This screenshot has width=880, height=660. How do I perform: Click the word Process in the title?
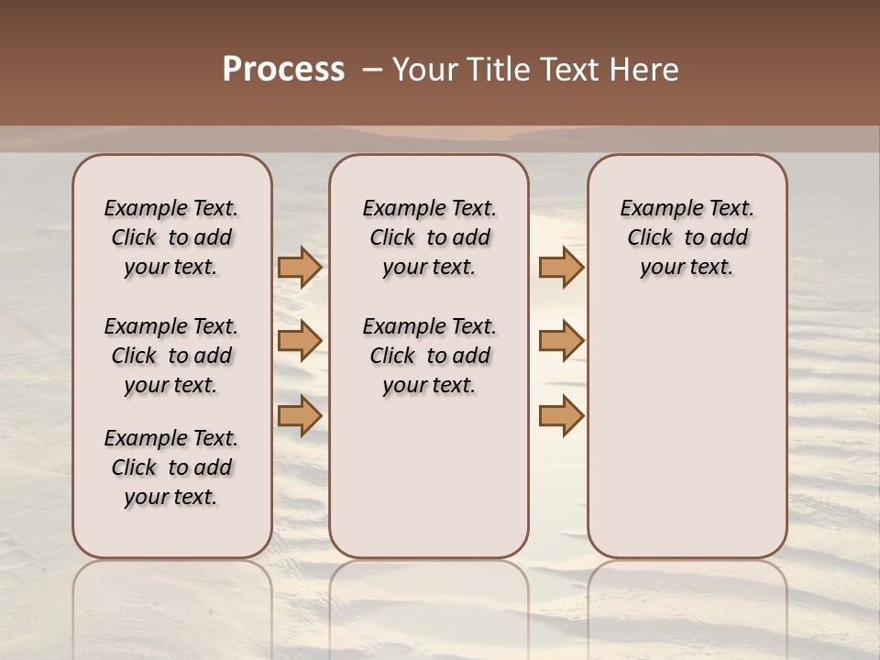click(x=283, y=70)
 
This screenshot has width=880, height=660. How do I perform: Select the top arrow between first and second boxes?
click(x=300, y=267)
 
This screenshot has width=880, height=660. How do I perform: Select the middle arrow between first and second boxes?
click(x=300, y=341)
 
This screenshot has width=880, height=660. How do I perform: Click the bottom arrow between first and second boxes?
click(x=300, y=415)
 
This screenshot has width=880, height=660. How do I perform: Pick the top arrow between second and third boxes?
click(x=561, y=267)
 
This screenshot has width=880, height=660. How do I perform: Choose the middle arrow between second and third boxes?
click(x=561, y=341)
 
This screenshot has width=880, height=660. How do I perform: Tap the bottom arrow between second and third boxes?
click(x=561, y=415)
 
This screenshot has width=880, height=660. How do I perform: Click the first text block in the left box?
click(x=171, y=237)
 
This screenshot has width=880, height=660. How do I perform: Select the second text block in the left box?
click(x=171, y=356)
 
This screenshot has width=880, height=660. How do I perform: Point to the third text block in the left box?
click(x=171, y=467)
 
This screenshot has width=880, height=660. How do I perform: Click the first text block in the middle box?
click(x=429, y=237)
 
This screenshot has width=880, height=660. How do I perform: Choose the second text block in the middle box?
click(x=429, y=356)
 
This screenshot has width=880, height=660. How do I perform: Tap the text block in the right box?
click(x=687, y=237)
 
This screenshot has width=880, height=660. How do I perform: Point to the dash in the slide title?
click(x=372, y=70)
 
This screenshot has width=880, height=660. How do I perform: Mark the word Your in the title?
click(x=426, y=70)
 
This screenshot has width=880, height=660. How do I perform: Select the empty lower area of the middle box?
click(x=429, y=477)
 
